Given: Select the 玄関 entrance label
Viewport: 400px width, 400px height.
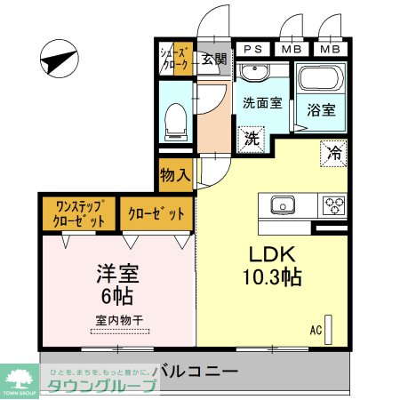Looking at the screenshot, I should (212, 60).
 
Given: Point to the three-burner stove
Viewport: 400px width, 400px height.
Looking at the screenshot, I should (334, 204).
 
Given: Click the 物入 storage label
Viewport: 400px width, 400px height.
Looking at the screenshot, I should (175, 174).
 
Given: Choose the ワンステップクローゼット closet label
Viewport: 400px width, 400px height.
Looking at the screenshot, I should (77, 213).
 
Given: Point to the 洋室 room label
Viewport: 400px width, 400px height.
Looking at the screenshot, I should (118, 272).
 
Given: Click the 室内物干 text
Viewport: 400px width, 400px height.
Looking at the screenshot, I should (119, 319).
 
